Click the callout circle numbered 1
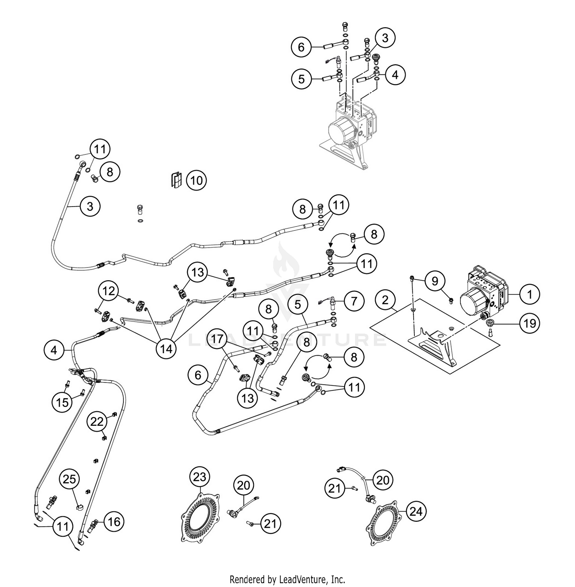(530, 294)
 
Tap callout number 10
(196, 180)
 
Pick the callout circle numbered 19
(529, 323)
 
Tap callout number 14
(166, 349)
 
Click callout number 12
(109, 291)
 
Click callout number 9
(435, 281)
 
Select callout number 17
(217, 339)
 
